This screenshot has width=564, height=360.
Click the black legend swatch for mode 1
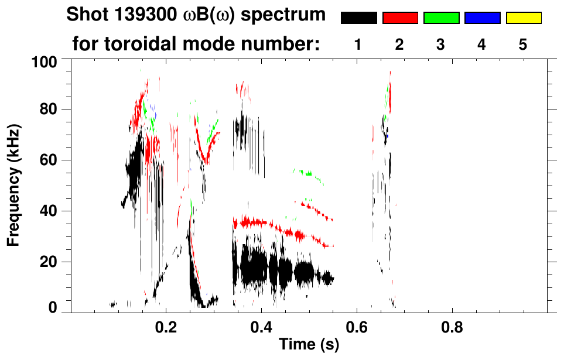click(358, 18)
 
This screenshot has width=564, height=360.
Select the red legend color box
click(400, 18)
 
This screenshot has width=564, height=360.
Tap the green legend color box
click(441, 18)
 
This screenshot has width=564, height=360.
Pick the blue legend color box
click(482, 18)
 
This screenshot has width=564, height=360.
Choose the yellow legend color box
click(523, 18)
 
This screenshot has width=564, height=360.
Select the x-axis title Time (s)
click(309, 345)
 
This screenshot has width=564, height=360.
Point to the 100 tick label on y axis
click(44, 61)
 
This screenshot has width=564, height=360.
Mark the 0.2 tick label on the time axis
click(166, 325)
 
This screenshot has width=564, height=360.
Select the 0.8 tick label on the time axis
click(452, 325)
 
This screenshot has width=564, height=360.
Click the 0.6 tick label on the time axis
click(357, 325)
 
